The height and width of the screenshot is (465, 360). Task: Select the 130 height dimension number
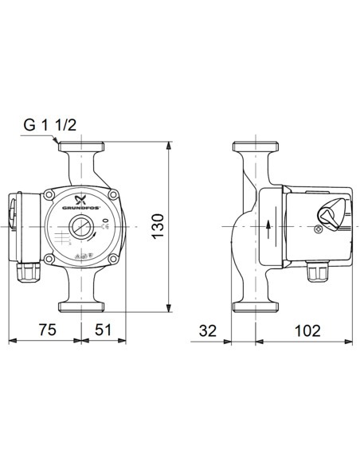point(158,225)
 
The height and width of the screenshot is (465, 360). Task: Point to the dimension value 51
point(102,329)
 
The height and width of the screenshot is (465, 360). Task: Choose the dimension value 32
point(209,329)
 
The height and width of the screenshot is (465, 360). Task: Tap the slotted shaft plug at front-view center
point(80,226)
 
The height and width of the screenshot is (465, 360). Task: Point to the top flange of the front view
point(80,148)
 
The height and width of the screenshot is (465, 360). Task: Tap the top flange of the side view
point(254,148)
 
